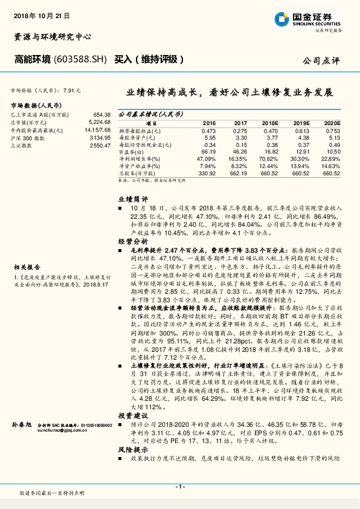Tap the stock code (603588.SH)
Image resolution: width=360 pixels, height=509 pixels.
tap(80, 59)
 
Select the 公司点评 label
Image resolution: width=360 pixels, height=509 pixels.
tap(323, 60)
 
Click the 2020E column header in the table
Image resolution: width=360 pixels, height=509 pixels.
tap(332, 122)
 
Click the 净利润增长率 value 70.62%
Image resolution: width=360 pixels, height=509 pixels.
tap(270, 160)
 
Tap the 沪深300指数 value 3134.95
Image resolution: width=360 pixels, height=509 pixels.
tap(99, 138)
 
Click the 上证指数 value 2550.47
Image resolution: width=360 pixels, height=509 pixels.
tap(99, 146)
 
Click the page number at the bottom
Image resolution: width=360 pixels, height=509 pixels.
tap(180, 486)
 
